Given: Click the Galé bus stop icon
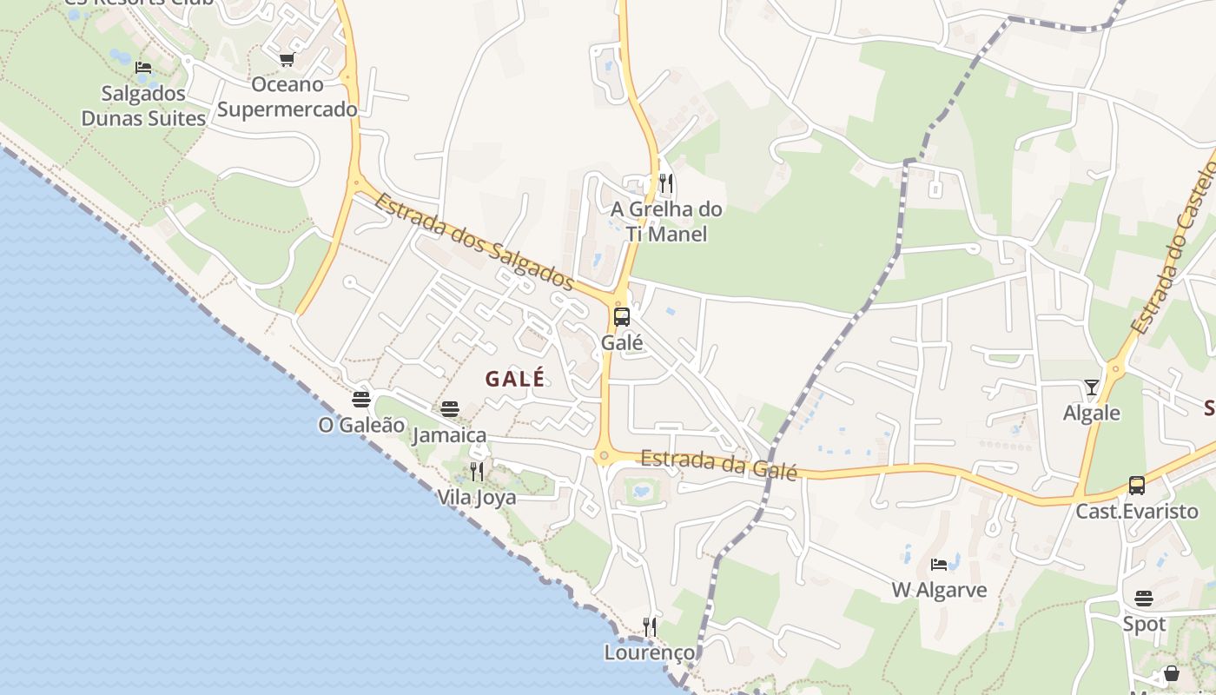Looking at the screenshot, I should tap(622, 317).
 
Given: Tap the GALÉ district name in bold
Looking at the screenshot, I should tap(515, 379).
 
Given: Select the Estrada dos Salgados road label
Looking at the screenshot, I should tap(474, 242).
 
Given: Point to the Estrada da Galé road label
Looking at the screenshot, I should tap(718, 464).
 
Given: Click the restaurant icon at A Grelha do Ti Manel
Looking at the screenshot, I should tap(666, 183).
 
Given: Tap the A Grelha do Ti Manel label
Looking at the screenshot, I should tap(666, 222).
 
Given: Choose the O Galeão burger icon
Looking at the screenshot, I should tap(361, 400).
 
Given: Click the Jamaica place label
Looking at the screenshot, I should tap(449, 434).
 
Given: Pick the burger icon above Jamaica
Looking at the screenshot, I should tap(449, 408).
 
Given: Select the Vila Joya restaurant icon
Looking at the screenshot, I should tap(477, 472).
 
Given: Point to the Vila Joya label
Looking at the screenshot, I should tap(477, 497).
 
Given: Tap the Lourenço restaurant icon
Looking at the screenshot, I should tap(650, 626).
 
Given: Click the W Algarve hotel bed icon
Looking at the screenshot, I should tap(939, 565).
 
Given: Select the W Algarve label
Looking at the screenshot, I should tap(939, 590).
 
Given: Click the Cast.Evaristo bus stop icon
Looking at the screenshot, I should tap(1136, 486).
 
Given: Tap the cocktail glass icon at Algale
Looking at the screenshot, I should tap(1092, 387).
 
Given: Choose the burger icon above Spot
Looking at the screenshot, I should tap(1144, 599).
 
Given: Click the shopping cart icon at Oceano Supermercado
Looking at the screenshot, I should tap(287, 59).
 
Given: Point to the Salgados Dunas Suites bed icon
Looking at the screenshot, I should tap(143, 68).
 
